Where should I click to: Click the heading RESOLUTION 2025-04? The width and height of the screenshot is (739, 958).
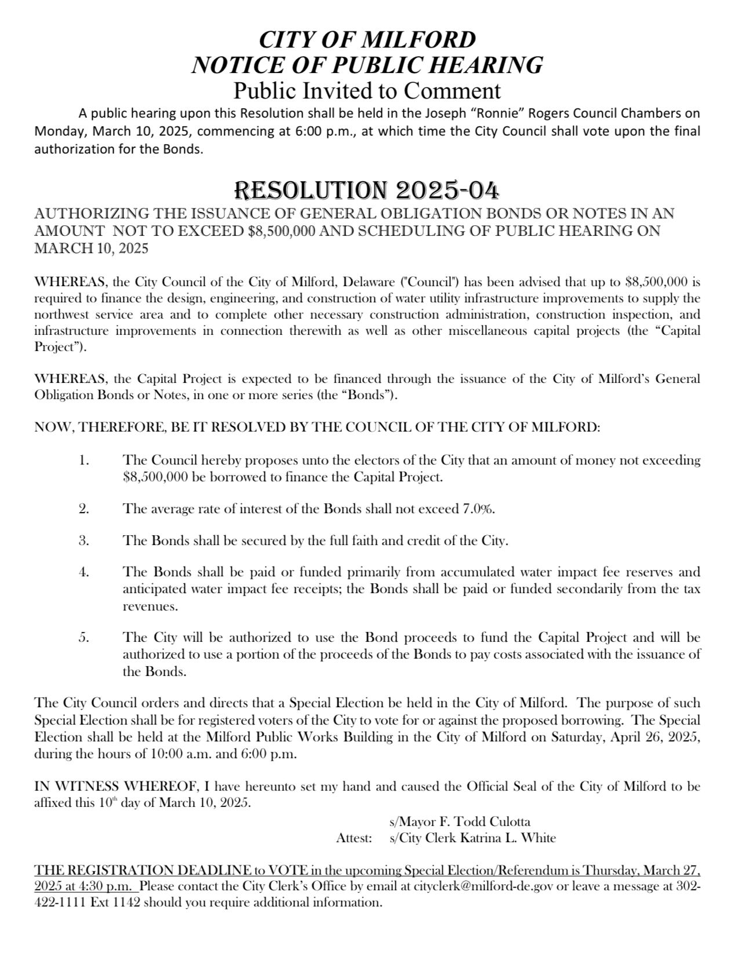[366, 191]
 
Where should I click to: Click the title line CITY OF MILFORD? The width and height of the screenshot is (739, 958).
[367, 40]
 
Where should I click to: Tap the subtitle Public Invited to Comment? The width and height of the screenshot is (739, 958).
[367, 91]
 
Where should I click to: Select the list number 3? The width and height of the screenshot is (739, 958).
[83, 541]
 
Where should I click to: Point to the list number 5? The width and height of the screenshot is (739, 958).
[83, 638]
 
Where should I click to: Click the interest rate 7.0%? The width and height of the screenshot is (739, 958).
[478, 509]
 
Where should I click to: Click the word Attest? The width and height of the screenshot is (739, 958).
[354, 838]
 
